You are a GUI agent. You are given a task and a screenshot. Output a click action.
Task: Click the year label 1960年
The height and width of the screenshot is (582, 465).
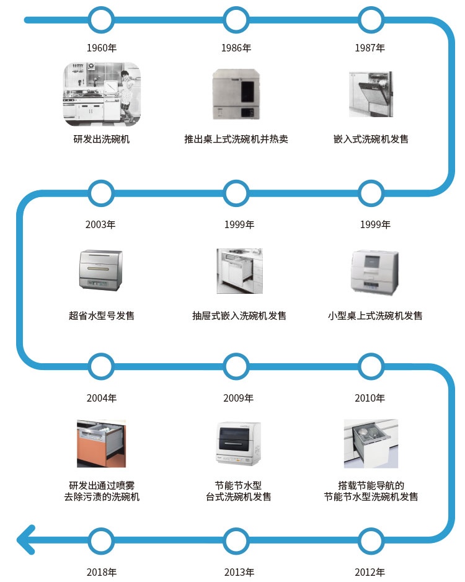pyautogui.click(x=102, y=48)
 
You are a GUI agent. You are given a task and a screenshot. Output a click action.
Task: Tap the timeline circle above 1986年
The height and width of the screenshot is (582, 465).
pyautogui.click(x=236, y=20)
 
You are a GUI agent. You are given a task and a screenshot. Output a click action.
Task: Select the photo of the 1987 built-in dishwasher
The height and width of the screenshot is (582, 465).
pyautogui.click(x=370, y=94)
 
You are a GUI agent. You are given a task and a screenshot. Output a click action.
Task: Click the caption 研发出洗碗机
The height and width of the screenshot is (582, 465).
pyautogui.click(x=102, y=139)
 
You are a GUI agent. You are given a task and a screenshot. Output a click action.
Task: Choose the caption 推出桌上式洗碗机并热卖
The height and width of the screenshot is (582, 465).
pyautogui.click(x=236, y=139)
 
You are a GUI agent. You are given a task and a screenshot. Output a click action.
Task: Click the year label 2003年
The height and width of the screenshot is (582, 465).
pyautogui.click(x=101, y=224)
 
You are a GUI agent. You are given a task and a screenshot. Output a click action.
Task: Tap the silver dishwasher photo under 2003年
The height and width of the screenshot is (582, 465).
pyautogui.click(x=102, y=270)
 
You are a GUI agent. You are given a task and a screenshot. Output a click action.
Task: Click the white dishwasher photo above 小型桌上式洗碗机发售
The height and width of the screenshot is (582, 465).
pyautogui.click(x=371, y=271)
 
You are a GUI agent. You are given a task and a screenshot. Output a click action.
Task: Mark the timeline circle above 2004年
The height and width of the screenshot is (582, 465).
pyautogui.click(x=102, y=366)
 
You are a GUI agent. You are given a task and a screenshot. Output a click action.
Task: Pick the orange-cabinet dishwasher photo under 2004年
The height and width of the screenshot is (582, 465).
pyautogui.click(x=102, y=443)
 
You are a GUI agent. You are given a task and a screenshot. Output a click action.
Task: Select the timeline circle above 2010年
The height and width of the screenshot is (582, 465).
pyautogui.click(x=371, y=366)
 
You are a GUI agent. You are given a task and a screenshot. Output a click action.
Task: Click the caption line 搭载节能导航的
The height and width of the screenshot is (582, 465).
pyautogui.click(x=371, y=485)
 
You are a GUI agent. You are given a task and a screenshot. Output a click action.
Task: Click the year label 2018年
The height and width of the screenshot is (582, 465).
pyautogui.click(x=102, y=572)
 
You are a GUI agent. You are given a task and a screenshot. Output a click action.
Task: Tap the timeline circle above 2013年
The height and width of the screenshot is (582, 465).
pyautogui.click(x=236, y=540)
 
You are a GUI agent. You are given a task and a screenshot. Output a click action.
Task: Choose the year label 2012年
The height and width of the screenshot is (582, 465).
pyautogui.click(x=370, y=572)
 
